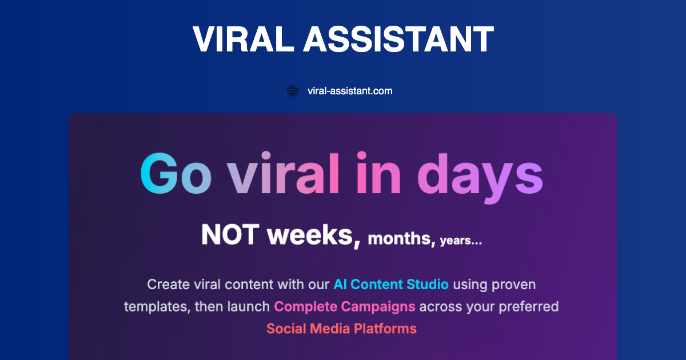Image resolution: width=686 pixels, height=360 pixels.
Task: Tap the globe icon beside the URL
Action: point(293,91)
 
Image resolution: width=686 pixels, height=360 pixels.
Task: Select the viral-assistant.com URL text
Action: point(350,91)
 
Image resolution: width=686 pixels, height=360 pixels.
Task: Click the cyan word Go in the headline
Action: point(176,172)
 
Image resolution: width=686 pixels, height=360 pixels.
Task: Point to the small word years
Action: point(461,241)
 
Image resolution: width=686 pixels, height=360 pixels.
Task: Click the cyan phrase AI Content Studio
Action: point(391,284)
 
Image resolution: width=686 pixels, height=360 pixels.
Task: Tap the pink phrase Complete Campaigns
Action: point(345,307)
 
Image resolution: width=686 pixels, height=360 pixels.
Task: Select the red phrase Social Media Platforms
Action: point(341,329)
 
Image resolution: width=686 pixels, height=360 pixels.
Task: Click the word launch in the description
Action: point(249,307)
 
